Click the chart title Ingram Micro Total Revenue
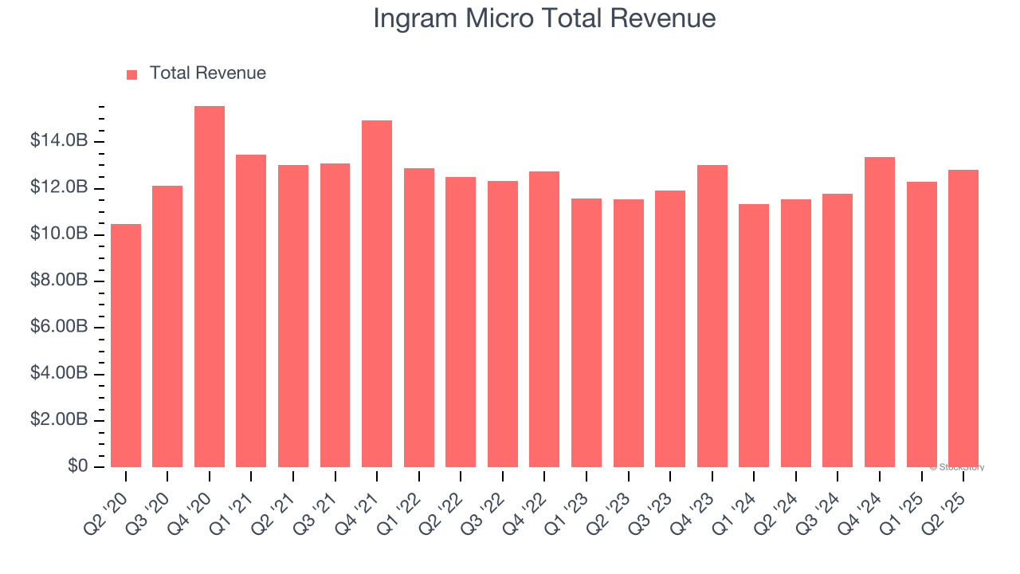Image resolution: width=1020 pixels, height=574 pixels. (x=544, y=18)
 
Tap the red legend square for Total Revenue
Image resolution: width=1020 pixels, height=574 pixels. (x=132, y=74)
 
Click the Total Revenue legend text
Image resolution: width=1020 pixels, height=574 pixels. (x=207, y=73)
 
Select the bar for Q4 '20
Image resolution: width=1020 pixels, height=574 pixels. (x=210, y=287)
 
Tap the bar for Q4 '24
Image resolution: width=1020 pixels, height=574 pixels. (x=880, y=312)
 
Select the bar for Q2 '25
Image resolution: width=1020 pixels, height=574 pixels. (x=963, y=318)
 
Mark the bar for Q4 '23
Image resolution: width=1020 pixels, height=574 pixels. (x=712, y=316)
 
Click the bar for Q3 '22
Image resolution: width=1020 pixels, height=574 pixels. (x=503, y=324)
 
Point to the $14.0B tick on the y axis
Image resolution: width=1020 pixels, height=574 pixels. (x=59, y=141)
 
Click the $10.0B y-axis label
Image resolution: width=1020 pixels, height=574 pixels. (x=59, y=234)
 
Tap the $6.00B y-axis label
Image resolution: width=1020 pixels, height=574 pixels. (x=59, y=328)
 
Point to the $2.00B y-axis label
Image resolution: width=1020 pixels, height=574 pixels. (x=59, y=420)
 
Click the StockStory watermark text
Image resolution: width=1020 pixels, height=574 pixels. (x=956, y=467)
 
